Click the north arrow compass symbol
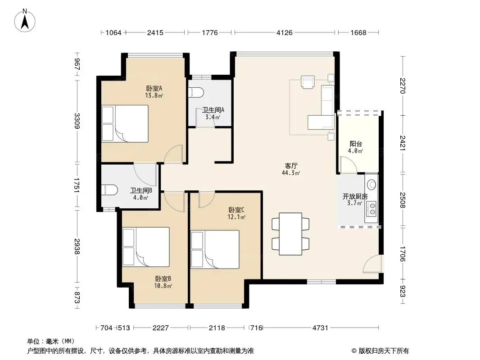pos(25,21)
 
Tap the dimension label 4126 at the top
pos(285,32)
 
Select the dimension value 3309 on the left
pos(77,121)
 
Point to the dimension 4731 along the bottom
pos(320,328)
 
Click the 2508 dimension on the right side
pos(403,200)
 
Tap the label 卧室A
pos(154,88)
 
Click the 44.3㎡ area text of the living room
pos(291,173)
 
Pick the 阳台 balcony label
pos(356,144)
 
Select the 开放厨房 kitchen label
pos(355,196)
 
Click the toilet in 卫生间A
pos(196,93)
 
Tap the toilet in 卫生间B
pos(109,189)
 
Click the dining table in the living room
pos(290,234)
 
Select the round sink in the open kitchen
pos(372,184)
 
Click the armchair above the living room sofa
pos(308,82)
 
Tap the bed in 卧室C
pos(215,250)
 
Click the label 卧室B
pos(163,279)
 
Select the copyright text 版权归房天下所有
pos(384,351)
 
